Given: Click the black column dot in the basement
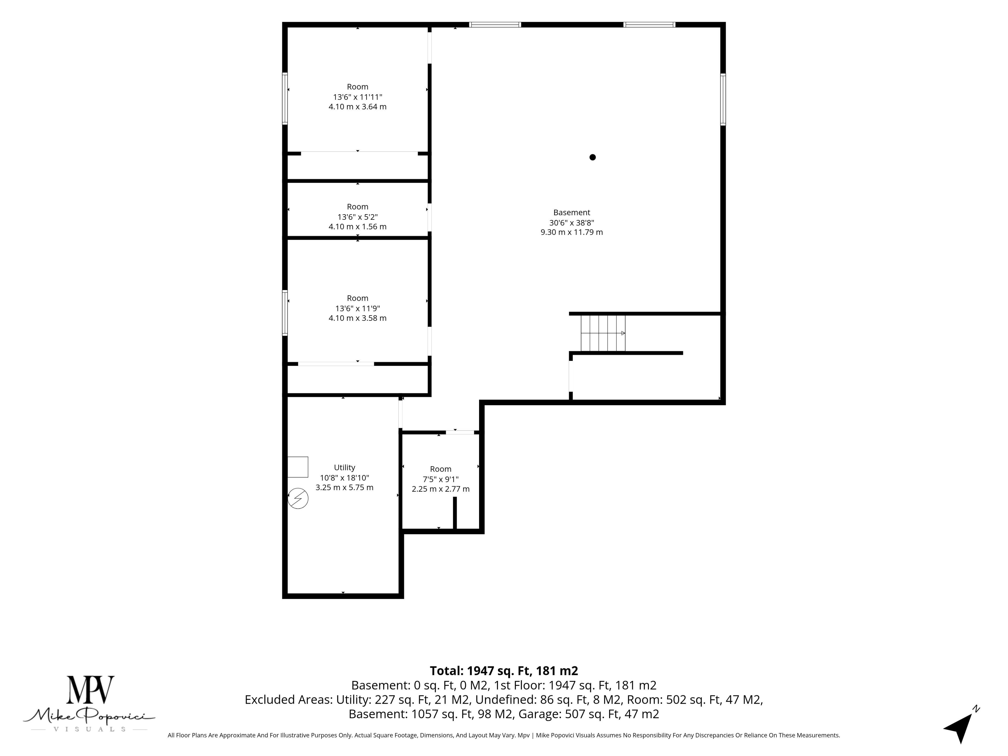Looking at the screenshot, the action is pos(592,157).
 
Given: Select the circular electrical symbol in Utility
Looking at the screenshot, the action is pos(298,498).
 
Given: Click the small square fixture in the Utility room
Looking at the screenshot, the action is pos(298,467).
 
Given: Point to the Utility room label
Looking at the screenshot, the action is pos(344,468).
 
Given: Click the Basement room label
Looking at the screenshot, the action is pos(571,212).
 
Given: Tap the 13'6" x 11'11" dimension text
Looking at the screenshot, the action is pos(358,97).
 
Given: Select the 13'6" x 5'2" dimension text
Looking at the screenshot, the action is pos(358,217).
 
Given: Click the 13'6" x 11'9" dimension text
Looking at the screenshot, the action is pos(358,308).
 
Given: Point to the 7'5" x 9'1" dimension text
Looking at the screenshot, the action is pos(441,479).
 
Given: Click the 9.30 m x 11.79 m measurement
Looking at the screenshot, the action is pos(571,232).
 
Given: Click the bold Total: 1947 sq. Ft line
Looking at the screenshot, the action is pos(504,671).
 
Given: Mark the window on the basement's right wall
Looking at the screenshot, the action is pos(723,99).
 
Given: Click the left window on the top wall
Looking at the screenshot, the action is pos(495,25).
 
